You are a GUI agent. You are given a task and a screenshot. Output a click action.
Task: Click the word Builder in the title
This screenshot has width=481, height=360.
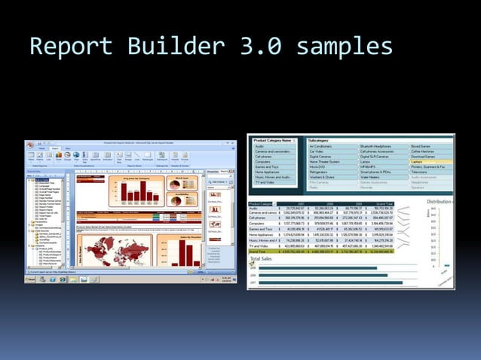pyautogui.click(x=167, y=47)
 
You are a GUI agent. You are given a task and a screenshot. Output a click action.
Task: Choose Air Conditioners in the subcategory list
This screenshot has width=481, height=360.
pyautogui.click(x=325, y=146)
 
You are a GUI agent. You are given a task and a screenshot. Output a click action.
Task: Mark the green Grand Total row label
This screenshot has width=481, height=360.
pyautogui.click(x=261, y=251)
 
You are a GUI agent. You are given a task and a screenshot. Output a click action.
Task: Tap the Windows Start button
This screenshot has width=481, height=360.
pyautogui.click(x=30, y=280)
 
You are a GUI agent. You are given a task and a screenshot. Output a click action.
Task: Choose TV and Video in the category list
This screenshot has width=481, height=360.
pyautogui.click(x=265, y=182)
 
